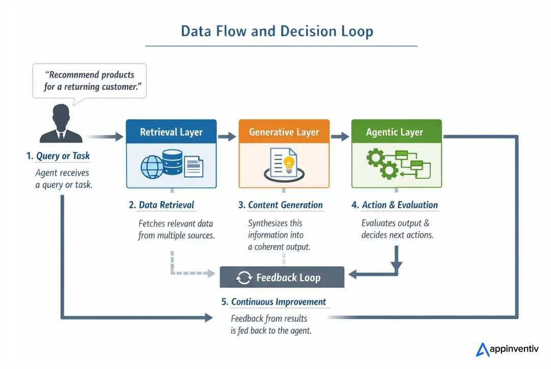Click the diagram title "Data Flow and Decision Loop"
pos(277,31)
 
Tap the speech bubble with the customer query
pos(89,81)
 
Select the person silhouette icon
pos(61,124)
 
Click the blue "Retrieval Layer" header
pos(171,132)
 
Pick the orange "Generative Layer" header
pos(284,132)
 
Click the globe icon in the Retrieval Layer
pos(153,166)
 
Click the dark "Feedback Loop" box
pos(282,278)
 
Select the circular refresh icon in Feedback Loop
pos(244,278)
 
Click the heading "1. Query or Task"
pos(59,156)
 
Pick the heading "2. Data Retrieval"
pos(162,205)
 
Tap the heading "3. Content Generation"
pos(281,205)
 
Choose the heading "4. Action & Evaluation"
pos(395,205)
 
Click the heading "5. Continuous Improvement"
pos(274,302)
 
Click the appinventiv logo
pos(507,349)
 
